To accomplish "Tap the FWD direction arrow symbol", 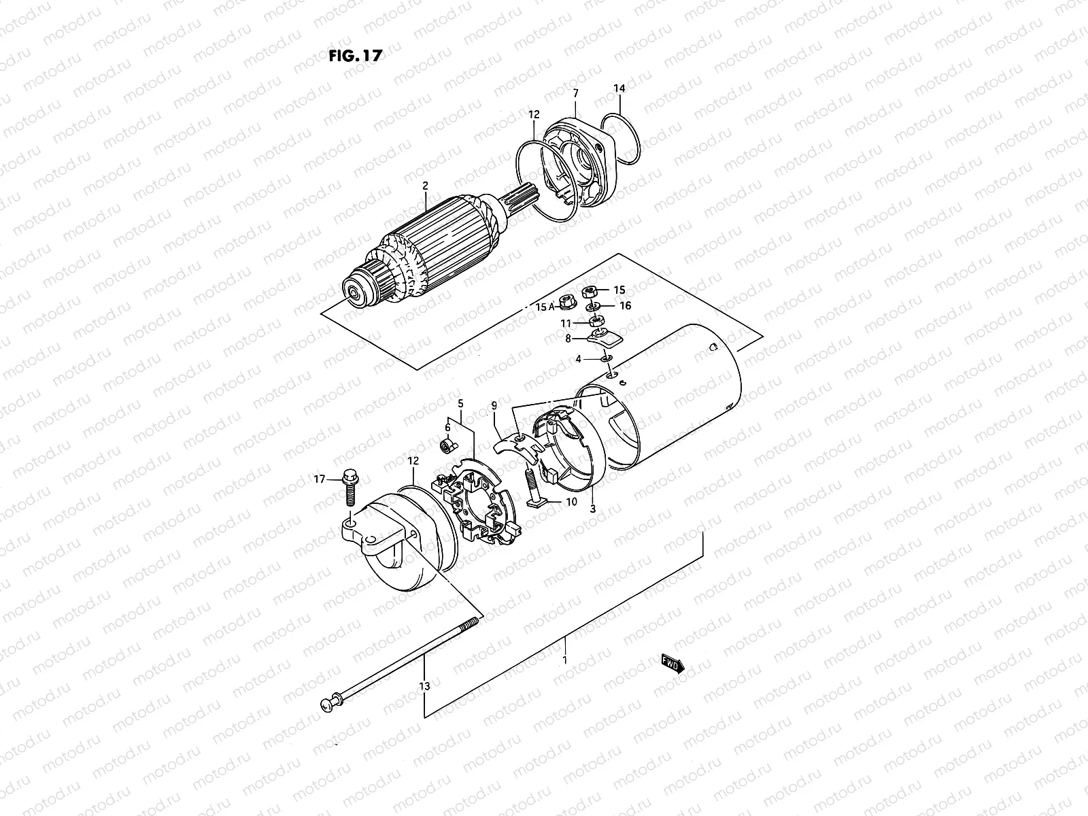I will pyautogui.click(x=672, y=664).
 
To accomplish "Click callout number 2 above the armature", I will pyautogui.click(x=425, y=186).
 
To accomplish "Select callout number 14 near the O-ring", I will pyautogui.click(x=619, y=88).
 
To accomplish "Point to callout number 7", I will pyautogui.click(x=575, y=92).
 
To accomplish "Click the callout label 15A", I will pyautogui.click(x=545, y=307).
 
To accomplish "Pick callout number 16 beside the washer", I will pyautogui.click(x=625, y=306).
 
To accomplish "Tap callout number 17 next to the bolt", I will pyautogui.click(x=320, y=479).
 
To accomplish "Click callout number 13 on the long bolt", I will pyautogui.click(x=425, y=687).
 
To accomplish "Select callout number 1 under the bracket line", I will pyautogui.click(x=564, y=660).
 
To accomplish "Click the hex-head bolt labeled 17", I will pyautogui.click(x=351, y=487).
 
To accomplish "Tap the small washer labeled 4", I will pyautogui.click(x=607, y=358).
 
